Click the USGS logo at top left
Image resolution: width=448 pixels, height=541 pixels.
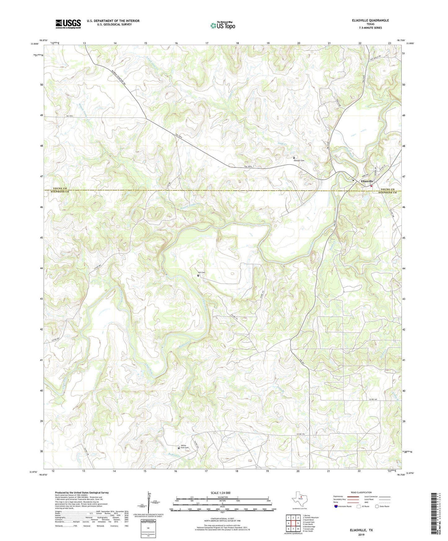click(x=68, y=24)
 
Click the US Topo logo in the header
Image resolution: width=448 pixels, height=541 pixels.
click(x=223, y=25)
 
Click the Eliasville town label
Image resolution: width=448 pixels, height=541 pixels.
click(x=367, y=181)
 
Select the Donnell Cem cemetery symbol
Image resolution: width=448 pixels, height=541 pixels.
click(x=294, y=157)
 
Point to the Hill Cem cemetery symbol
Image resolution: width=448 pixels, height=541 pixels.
click(x=198, y=275)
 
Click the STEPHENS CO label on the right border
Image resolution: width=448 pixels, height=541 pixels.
click(x=387, y=193)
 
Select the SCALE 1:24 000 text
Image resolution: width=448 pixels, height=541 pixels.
click(x=220, y=493)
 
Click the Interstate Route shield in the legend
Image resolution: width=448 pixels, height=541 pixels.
click(x=336, y=506)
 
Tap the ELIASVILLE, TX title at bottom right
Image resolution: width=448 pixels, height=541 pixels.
click(x=361, y=530)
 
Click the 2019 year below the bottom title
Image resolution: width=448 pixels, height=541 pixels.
click(x=361, y=534)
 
